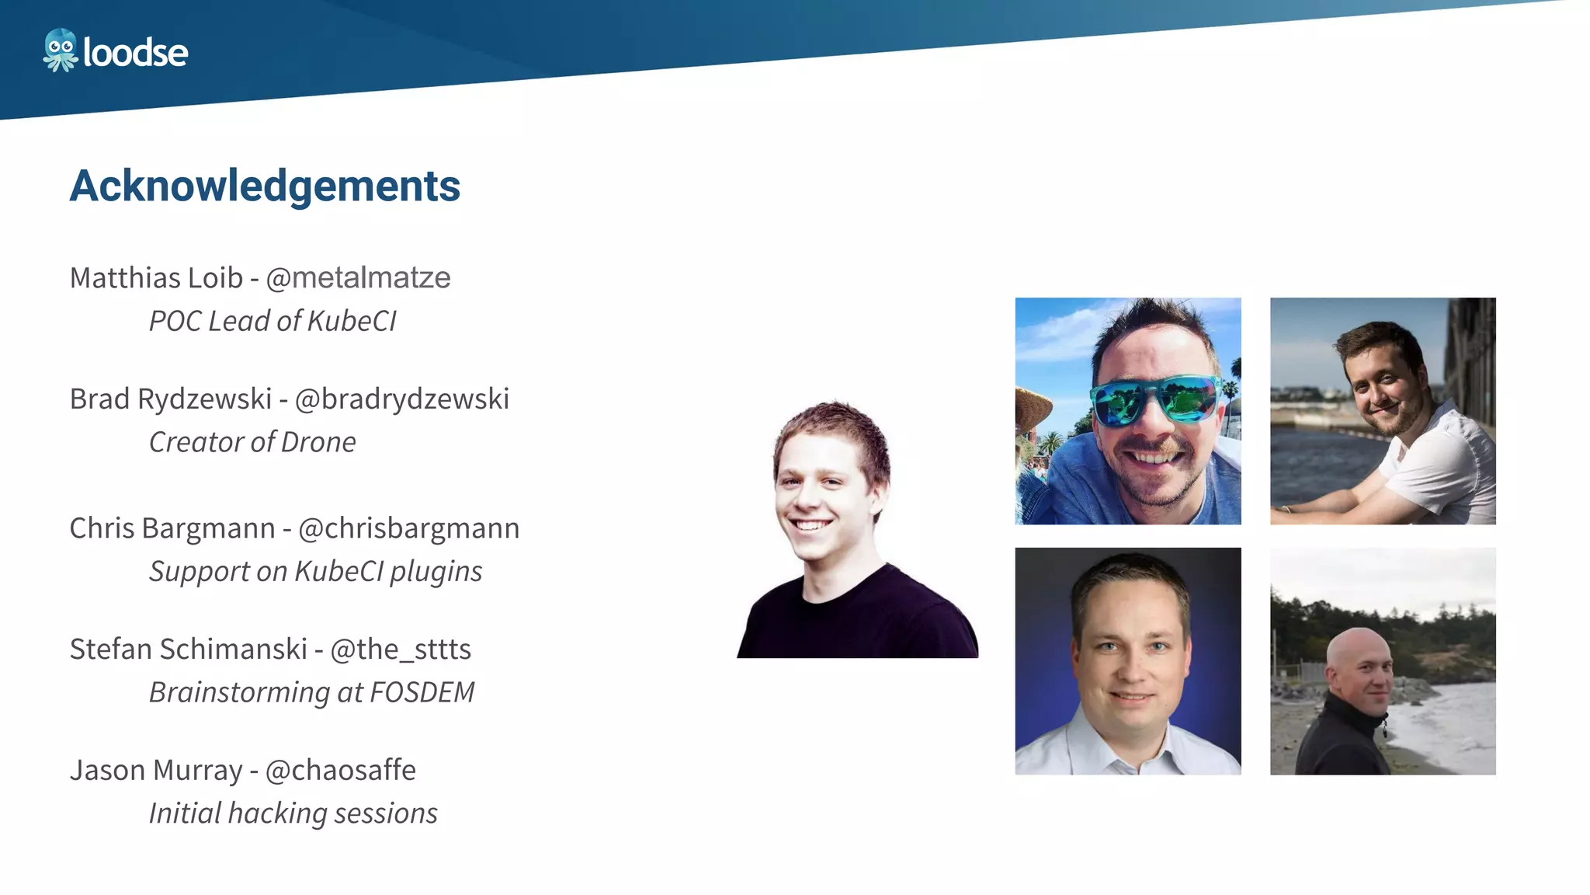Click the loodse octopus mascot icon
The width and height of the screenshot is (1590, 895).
pyautogui.click(x=60, y=50)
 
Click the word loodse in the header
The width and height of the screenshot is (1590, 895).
pyautogui.click(x=135, y=53)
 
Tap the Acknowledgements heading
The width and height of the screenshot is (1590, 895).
pyautogui.click(x=265, y=186)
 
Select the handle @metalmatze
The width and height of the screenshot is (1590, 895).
pyautogui.click(x=358, y=278)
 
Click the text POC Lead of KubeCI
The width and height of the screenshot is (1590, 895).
pyautogui.click(x=272, y=321)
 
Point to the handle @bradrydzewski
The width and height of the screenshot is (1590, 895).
pyautogui.click(x=402, y=399)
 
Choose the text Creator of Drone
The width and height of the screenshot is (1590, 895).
pyautogui.click(x=252, y=442)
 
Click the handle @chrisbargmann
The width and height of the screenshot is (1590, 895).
pyautogui.click(x=409, y=528)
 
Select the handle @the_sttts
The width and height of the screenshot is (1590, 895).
pyautogui.click(x=401, y=649)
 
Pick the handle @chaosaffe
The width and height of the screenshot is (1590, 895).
pyautogui.click(x=341, y=771)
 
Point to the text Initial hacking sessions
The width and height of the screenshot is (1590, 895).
pyautogui.click(x=293, y=813)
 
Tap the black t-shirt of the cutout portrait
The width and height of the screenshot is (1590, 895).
pyautogui.click(x=862, y=618)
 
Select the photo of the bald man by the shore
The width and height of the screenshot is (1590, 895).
pyautogui.click(x=1383, y=661)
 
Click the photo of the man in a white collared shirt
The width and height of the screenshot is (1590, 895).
pyautogui.click(x=1127, y=661)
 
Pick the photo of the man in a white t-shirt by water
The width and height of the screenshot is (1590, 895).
pyautogui.click(x=1383, y=411)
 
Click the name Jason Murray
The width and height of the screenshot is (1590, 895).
pyautogui.click(x=156, y=771)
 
